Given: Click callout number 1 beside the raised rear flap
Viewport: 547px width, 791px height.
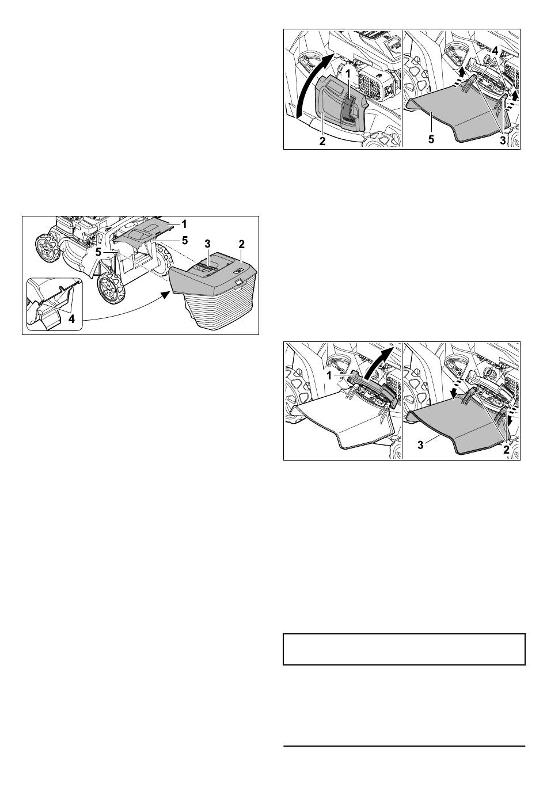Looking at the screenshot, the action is click(x=184, y=224).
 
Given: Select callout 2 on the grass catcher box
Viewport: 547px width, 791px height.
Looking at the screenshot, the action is click(x=241, y=244).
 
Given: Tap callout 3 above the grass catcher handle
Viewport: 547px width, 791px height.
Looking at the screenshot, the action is click(x=208, y=244).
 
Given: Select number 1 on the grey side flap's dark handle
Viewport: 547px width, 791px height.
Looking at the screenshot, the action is click(x=348, y=74).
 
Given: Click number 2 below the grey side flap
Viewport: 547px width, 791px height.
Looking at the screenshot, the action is click(x=322, y=141).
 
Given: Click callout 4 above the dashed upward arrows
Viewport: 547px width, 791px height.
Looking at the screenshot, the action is click(x=496, y=51).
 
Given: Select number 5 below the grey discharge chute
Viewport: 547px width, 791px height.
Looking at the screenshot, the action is click(x=431, y=139).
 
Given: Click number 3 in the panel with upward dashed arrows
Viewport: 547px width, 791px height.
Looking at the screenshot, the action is click(x=502, y=140).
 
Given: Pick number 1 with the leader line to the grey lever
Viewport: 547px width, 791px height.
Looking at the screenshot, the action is click(x=329, y=376).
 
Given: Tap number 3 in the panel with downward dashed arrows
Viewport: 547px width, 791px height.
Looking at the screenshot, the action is click(x=420, y=445).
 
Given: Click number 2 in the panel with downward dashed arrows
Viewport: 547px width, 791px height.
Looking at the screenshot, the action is click(x=506, y=450).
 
